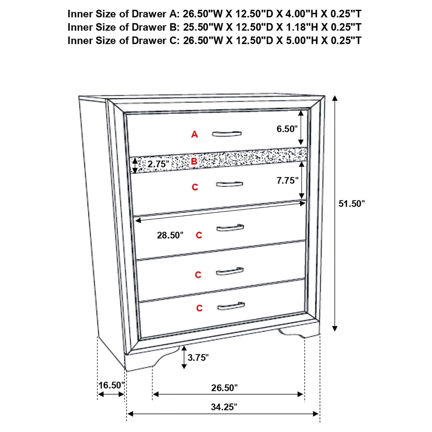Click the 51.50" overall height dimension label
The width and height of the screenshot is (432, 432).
[x=352, y=204]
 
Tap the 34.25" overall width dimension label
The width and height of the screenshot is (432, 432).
[x=224, y=407]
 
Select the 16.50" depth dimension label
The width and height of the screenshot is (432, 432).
[x=112, y=385]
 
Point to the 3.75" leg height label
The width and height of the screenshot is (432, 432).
[x=198, y=358]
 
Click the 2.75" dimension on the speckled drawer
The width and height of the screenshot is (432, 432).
[x=158, y=164]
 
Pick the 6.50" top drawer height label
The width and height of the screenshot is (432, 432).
[x=287, y=129]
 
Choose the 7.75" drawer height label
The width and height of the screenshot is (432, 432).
[x=287, y=181]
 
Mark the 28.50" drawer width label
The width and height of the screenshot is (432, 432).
[x=170, y=235]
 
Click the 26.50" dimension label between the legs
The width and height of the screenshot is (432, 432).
[x=224, y=388]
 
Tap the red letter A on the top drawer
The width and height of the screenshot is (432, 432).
[x=195, y=135]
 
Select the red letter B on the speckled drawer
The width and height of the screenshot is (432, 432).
[x=194, y=162]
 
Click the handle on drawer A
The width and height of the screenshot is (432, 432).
[x=227, y=134]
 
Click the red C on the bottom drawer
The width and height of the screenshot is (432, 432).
[x=199, y=308]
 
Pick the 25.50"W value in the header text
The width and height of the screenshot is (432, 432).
[x=203, y=27]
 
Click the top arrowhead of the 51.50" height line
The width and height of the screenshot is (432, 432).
[x=335, y=99]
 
